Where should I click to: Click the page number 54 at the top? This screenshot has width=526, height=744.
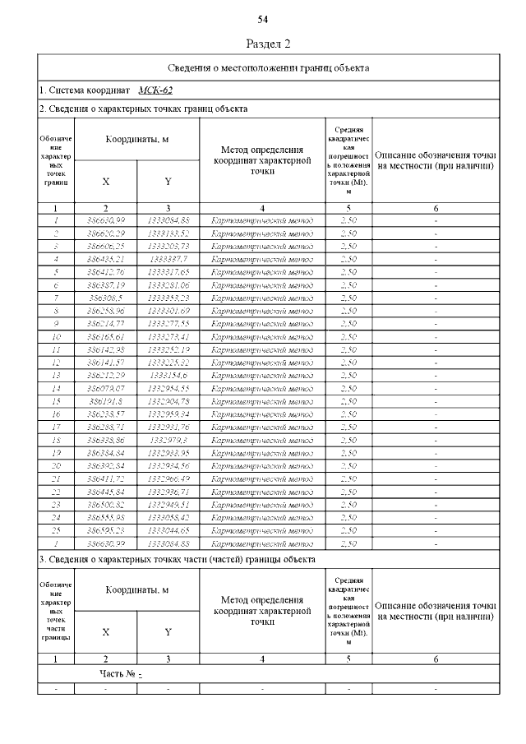point(263,19)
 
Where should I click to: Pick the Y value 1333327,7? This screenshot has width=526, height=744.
point(168,258)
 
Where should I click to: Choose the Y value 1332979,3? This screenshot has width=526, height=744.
point(168,439)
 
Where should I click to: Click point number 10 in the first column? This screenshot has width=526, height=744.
point(56,336)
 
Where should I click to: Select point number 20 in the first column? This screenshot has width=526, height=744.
point(56,465)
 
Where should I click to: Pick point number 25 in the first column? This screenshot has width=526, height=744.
point(56,529)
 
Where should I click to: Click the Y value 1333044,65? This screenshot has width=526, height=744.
point(168,529)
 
